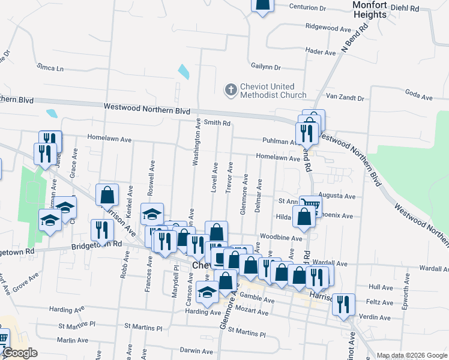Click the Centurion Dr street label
[307, 8]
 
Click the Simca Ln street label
[50, 68]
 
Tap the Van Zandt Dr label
[345, 97]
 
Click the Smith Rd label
[217, 123]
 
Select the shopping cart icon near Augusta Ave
[310, 205]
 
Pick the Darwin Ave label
[197, 352]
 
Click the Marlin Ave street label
[74, 340]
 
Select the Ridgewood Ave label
[328, 28]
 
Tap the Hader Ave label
[321, 52]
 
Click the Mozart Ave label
[253, 313]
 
